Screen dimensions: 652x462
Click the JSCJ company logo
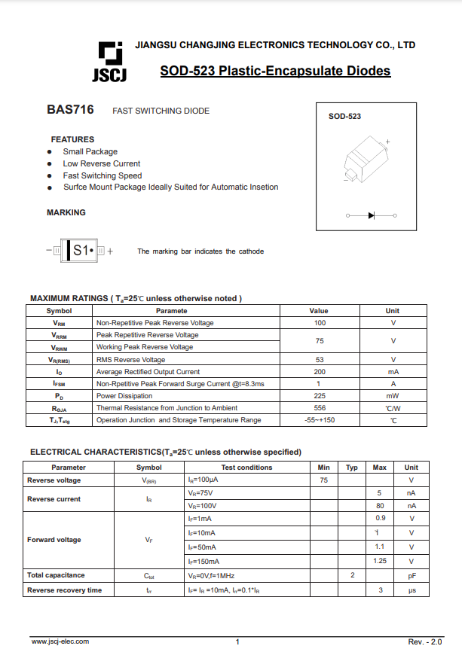click(x=109, y=61)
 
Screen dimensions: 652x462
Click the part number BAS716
click(x=70, y=110)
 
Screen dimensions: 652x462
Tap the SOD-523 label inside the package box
click(x=344, y=117)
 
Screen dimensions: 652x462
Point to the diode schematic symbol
click(x=372, y=215)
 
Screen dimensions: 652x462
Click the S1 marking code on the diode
click(x=82, y=251)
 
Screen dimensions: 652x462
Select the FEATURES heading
click(x=72, y=139)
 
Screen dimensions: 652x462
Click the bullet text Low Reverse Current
click(x=101, y=163)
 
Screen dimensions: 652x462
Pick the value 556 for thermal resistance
click(x=319, y=408)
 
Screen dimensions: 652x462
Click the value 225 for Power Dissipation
click(x=319, y=396)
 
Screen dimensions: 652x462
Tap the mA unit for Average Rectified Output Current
click(x=393, y=372)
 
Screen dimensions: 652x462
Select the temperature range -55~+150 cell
click(x=319, y=420)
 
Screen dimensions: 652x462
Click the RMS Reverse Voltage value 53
click(x=319, y=360)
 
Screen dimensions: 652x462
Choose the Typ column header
click(x=352, y=468)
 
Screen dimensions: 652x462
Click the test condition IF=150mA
click(x=203, y=562)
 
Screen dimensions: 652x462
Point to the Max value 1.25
click(x=380, y=562)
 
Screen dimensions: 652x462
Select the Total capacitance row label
click(x=56, y=575)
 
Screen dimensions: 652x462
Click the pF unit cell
click(x=412, y=576)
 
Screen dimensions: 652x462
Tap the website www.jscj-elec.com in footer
click(x=60, y=641)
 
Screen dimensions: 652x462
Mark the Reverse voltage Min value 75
click(x=324, y=480)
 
